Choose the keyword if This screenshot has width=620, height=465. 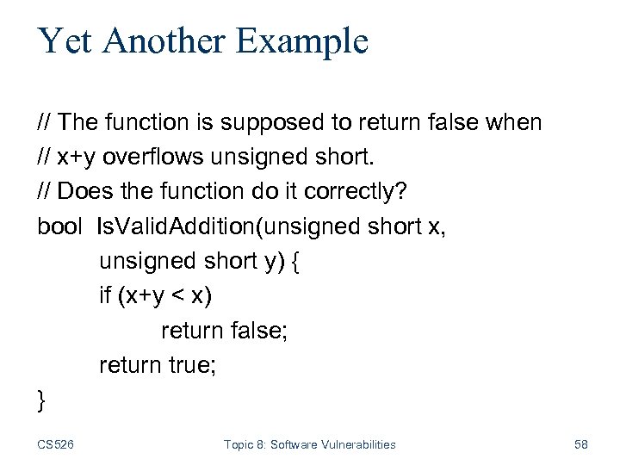click(x=105, y=295)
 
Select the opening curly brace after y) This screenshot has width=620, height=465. click(x=295, y=262)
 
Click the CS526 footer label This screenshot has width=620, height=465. click(x=55, y=444)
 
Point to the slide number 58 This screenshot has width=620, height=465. click(x=580, y=444)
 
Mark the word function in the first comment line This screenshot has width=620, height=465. click(x=146, y=123)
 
